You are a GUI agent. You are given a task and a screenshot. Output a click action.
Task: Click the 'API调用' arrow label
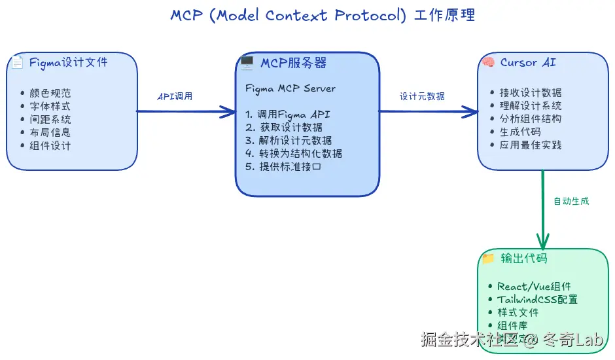click(175, 96)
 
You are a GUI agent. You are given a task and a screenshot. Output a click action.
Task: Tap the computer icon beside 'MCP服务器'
click(247, 63)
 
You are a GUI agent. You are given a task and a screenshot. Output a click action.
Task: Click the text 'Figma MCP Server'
click(290, 88)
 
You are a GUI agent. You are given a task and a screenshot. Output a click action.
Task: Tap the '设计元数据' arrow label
click(422, 96)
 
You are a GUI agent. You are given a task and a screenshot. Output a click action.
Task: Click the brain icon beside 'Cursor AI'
click(487, 63)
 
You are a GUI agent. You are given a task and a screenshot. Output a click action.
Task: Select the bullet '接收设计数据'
click(530, 93)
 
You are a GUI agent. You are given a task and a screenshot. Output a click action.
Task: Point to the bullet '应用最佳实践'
click(530, 145)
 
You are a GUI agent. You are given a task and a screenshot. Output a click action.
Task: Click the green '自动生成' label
click(571, 201)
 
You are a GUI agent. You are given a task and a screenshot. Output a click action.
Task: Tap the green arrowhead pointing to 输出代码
click(542, 240)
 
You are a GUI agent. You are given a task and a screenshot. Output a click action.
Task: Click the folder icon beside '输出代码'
click(488, 259)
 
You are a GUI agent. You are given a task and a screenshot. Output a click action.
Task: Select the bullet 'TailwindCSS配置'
click(537, 300)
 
